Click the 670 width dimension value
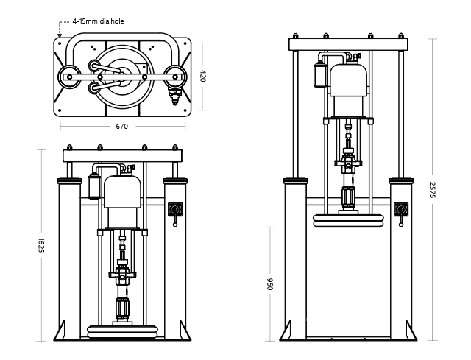coord(122,126)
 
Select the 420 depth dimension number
coord(203,77)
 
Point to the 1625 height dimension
coord(41,245)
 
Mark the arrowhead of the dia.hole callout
coord(59,34)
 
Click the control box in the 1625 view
coord(174,210)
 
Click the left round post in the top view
coord(68,76)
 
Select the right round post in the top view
coord(175,74)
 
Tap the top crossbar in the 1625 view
coord(121,157)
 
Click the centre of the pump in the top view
coord(122,74)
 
